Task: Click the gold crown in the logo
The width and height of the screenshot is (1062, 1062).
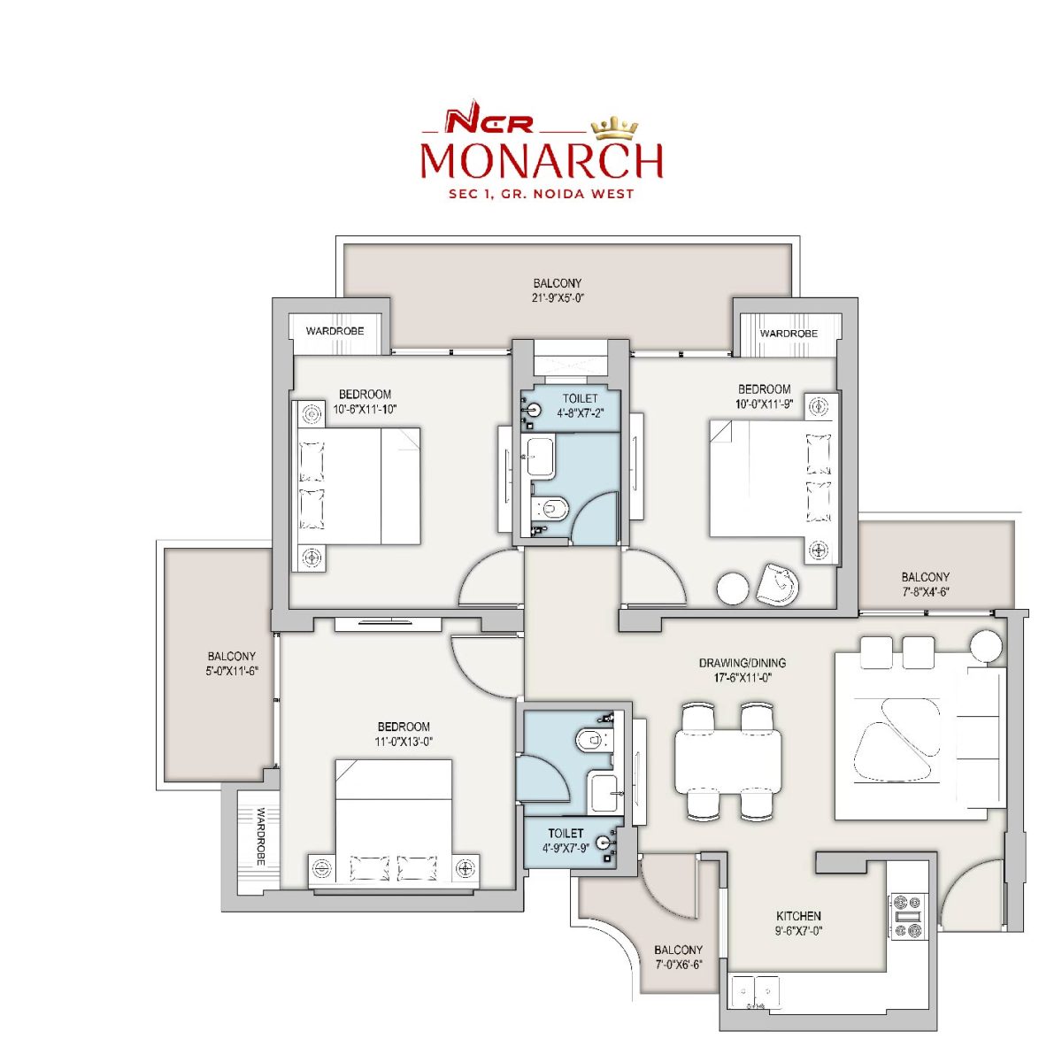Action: (614, 128)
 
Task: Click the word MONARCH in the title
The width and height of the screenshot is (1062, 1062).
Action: (542, 161)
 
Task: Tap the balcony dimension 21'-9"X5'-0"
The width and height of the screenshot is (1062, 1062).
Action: (558, 298)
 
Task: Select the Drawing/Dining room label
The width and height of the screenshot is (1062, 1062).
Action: (743, 663)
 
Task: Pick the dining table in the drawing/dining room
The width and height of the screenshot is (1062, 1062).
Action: (728, 760)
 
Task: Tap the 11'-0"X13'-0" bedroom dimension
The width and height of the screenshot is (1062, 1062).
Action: (404, 742)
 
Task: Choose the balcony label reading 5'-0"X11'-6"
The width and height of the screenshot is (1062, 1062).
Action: (232, 671)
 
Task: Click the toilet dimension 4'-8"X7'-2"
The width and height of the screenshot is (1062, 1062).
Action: (580, 412)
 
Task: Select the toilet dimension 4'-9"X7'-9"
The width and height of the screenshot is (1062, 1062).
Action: (566, 848)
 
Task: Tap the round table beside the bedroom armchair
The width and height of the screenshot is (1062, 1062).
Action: (733, 589)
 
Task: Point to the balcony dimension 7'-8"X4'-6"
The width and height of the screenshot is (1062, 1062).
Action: (926, 592)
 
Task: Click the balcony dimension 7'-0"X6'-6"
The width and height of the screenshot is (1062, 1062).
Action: (679, 965)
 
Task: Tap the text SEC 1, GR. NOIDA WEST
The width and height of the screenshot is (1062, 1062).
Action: (542, 194)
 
